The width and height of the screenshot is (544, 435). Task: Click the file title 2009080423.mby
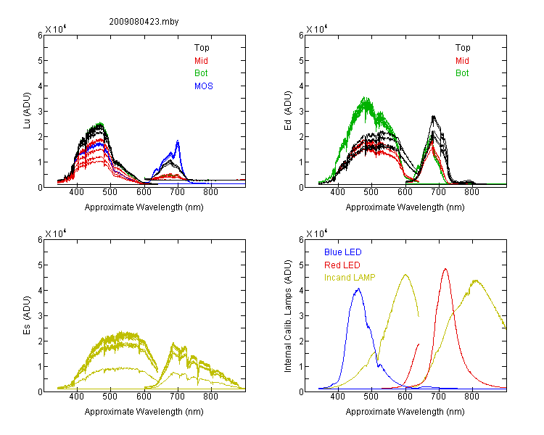point(144,22)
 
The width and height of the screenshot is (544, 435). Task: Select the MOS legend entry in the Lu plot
point(204,86)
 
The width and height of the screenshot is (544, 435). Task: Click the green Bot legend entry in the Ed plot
point(462,73)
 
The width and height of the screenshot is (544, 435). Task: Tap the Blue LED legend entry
point(343,252)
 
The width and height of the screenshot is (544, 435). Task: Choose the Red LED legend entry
point(342,265)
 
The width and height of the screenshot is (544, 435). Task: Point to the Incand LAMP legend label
point(350,278)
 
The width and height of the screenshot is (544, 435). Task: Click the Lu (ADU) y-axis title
point(27,111)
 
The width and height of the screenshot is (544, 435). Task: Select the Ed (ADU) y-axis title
point(288,111)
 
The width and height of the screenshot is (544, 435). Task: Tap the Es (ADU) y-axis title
point(27,315)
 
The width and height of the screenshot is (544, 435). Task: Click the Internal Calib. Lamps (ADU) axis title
point(288,316)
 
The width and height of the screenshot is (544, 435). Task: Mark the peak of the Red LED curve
point(445,269)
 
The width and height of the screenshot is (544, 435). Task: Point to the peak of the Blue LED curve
point(358,289)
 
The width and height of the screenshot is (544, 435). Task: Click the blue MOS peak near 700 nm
point(178,141)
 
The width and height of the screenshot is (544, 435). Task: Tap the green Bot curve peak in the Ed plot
point(364,97)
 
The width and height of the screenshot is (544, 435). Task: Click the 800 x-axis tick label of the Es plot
point(210,397)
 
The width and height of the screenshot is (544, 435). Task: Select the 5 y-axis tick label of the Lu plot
point(40,61)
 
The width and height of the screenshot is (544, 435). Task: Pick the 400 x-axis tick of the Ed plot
point(337,192)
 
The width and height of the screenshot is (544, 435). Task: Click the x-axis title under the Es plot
point(144,412)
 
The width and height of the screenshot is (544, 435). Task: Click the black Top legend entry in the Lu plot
point(202,48)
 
